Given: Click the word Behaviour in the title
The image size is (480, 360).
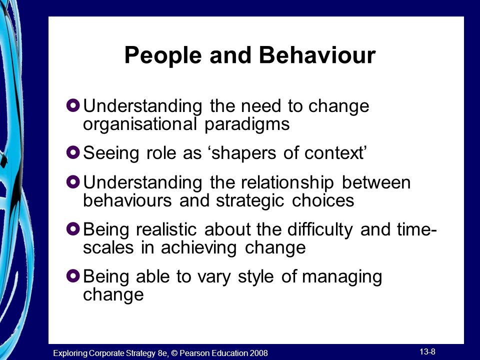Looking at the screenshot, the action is (317, 55).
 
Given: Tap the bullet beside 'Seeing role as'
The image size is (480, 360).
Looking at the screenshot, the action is (73, 152).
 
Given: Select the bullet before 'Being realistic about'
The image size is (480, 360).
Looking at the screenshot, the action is (73, 228).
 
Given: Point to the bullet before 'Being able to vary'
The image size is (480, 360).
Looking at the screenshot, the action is (73, 275).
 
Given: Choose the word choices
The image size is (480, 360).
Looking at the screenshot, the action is (323, 200).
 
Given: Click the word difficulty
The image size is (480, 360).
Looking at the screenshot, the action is (320, 230).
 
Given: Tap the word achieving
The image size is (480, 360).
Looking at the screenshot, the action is (198, 248).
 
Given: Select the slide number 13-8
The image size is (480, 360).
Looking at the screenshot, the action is (427, 351).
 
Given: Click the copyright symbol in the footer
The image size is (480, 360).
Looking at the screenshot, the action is (174, 353).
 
